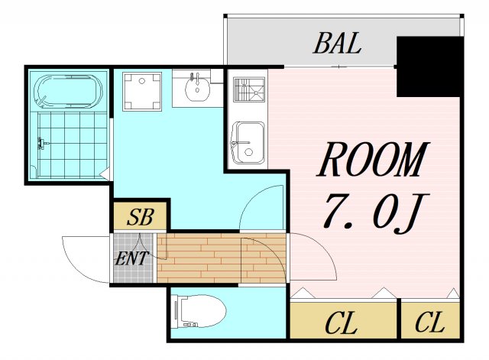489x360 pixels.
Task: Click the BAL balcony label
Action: tap(338, 44)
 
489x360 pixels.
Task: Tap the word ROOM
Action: tap(374, 160)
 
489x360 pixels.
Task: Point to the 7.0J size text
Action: tap(376, 213)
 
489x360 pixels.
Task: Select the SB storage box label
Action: tap(141, 217)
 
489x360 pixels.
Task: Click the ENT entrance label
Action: tap(131, 258)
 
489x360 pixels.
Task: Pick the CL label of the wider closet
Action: tap(341, 323)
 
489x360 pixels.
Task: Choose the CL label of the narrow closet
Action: tap(429, 323)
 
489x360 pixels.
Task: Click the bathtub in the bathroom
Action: tap(68, 91)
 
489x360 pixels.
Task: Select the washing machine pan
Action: tap(142, 92)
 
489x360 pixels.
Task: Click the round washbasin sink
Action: tap(197, 87)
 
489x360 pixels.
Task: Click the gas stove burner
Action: tap(249, 90)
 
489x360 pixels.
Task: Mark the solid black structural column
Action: tap(429, 66)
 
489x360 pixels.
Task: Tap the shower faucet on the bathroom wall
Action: tap(42, 143)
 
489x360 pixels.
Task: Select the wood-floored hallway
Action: tap(221, 258)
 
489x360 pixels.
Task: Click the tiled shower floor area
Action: tap(73, 144)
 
